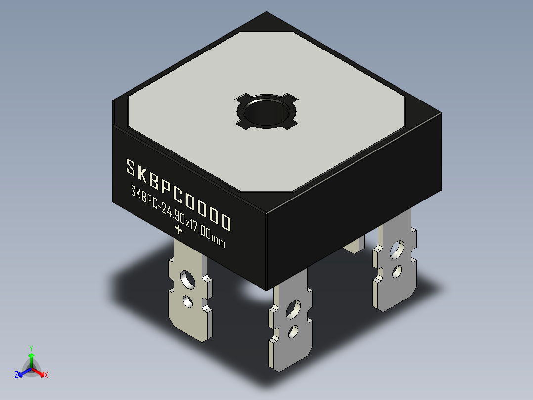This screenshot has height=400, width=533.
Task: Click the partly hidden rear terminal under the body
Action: click(x=354, y=245)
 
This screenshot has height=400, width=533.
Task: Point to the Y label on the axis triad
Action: click(x=31, y=348)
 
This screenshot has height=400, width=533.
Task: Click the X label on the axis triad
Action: click(x=46, y=375)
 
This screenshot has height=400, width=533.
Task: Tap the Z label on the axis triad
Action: click(x=16, y=375)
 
